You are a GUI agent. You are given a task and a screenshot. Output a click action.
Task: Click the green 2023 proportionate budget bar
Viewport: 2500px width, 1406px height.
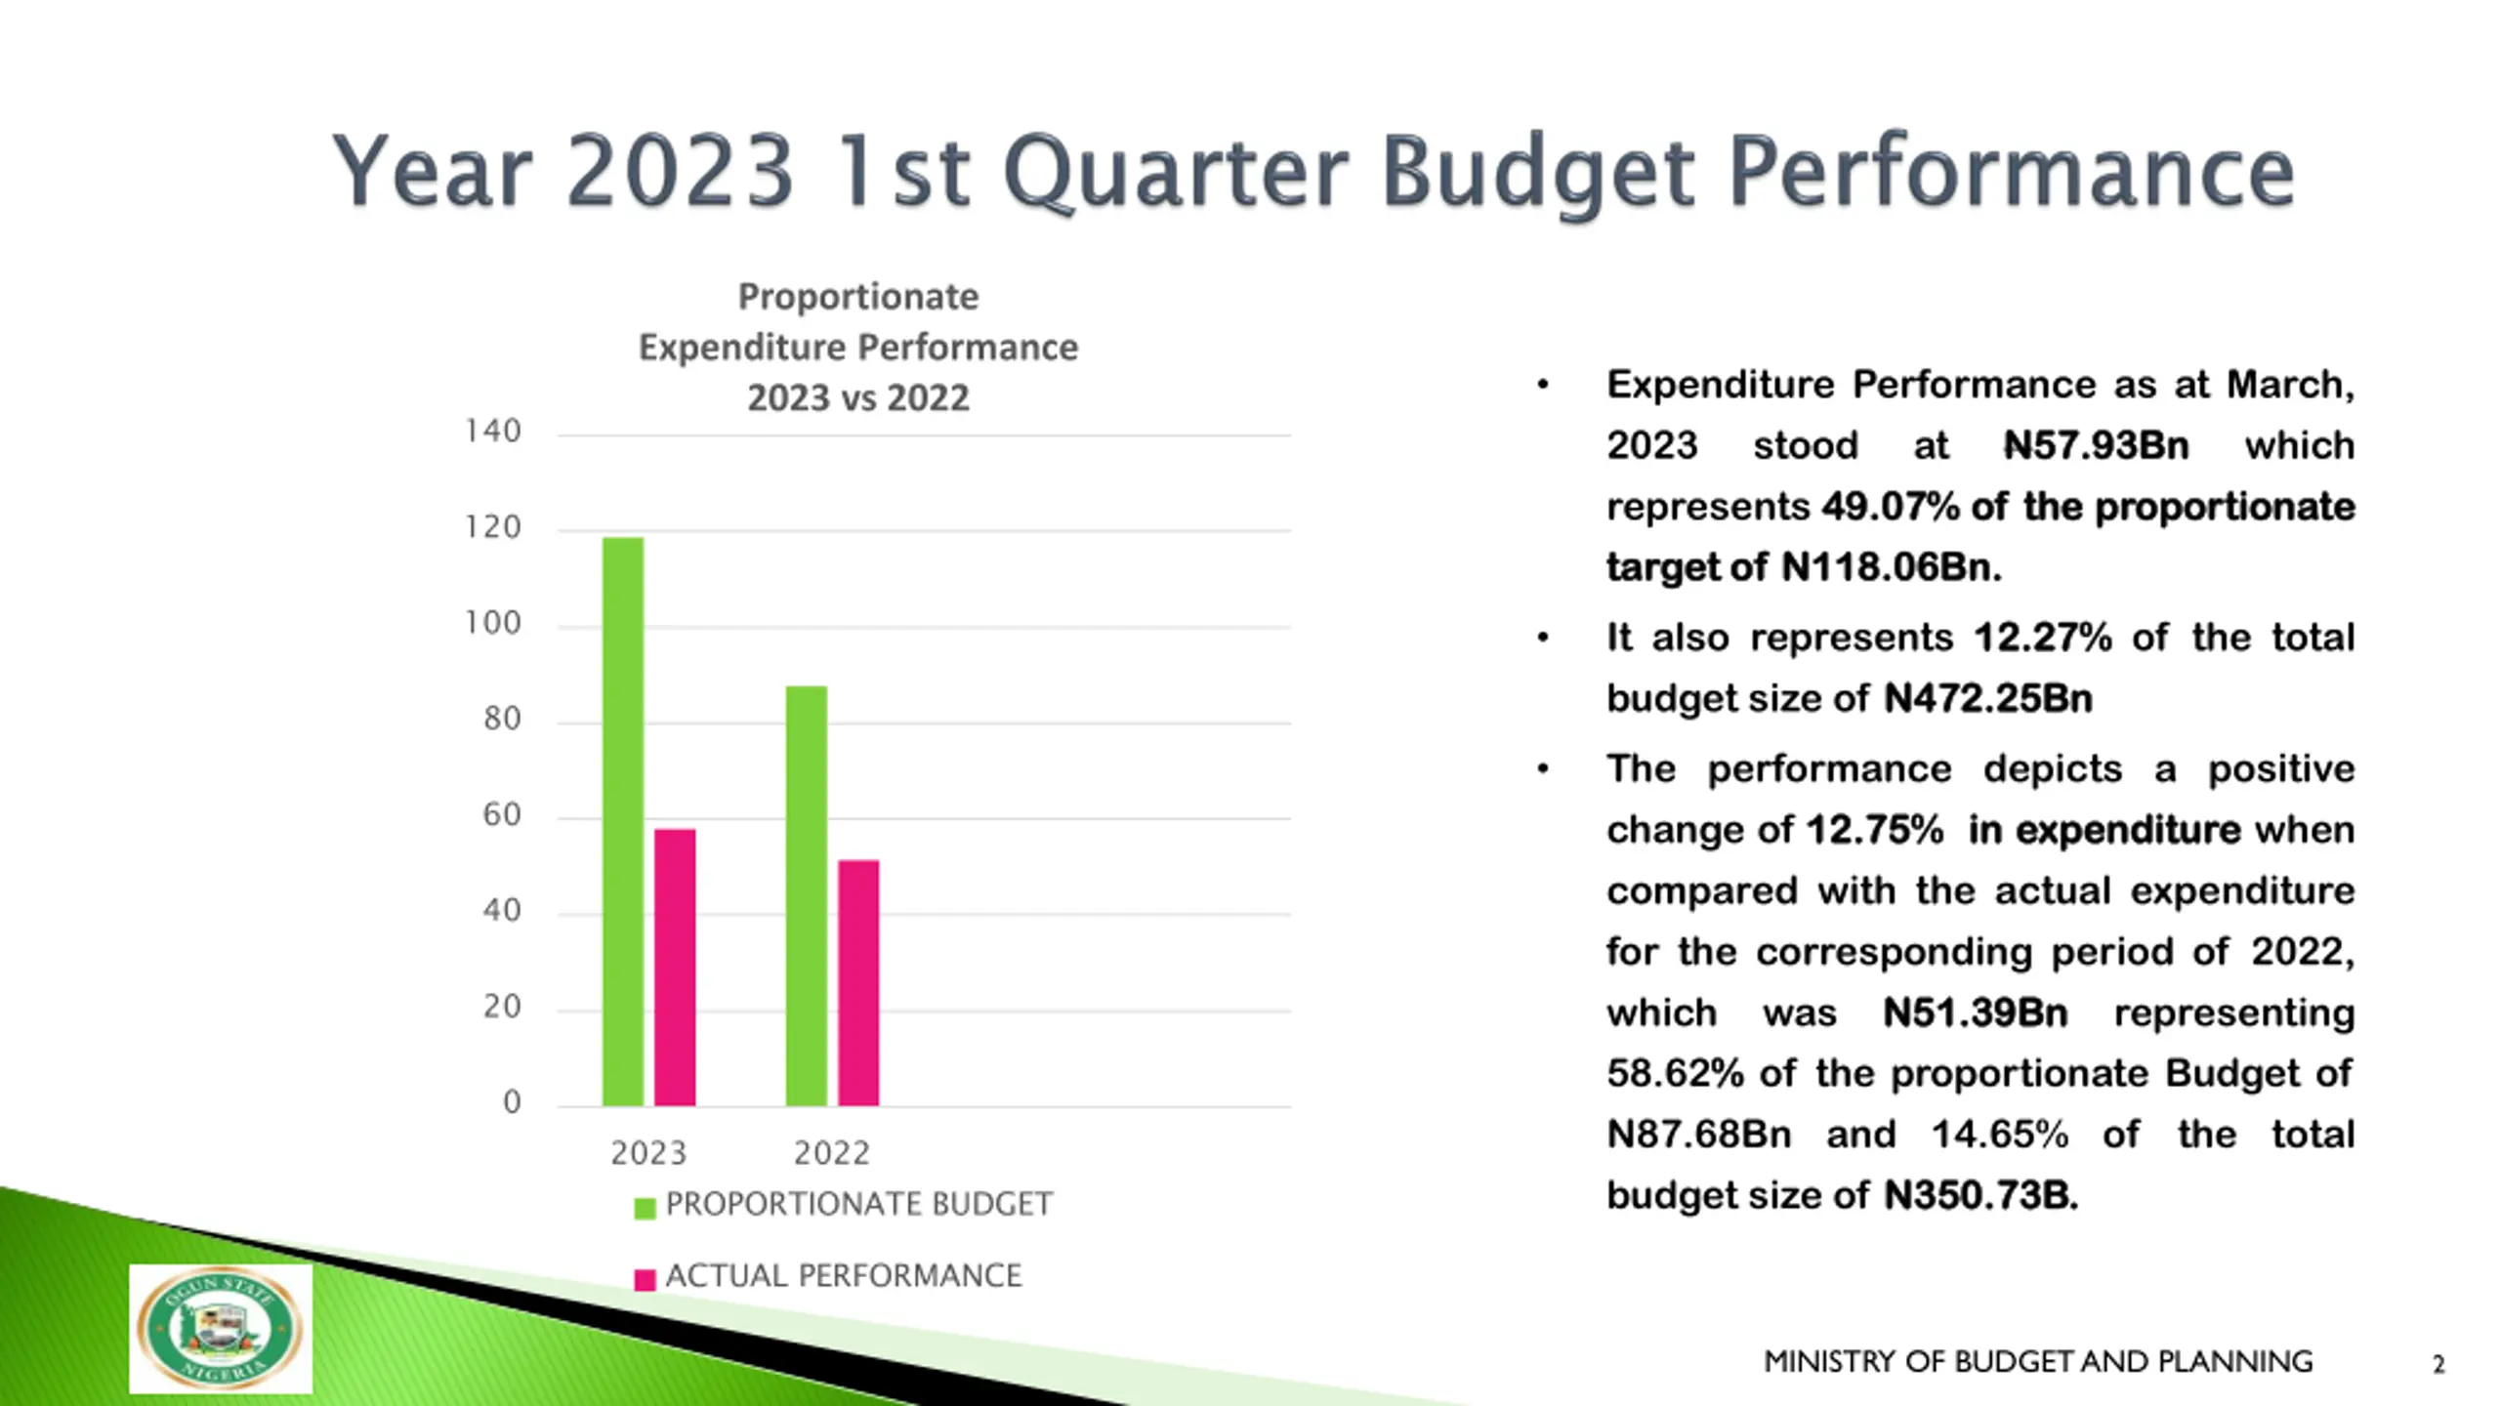pyautogui.click(x=622, y=820)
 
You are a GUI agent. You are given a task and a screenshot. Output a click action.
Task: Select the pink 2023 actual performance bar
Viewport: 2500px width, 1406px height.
pyautogui.click(x=675, y=967)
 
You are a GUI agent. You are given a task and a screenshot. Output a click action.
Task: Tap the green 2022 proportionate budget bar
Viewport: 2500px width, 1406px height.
pyautogui.click(x=806, y=895)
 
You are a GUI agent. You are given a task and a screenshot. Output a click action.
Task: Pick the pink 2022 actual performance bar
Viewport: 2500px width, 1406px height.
pyautogui.click(x=858, y=982)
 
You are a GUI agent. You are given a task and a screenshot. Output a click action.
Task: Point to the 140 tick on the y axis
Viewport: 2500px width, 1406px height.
pyautogui.click(x=493, y=432)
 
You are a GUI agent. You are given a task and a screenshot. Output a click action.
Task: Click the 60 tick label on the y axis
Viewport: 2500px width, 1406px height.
pyautogui.click(x=502, y=815)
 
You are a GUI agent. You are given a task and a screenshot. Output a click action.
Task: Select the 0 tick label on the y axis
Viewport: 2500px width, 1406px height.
pyautogui.click(x=512, y=1103)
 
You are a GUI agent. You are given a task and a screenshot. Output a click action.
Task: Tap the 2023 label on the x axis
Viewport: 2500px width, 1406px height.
pyautogui.click(x=648, y=1153)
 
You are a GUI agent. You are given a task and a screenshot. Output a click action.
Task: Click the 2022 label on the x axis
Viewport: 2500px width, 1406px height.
pyautogui.click(x=831, y=1153)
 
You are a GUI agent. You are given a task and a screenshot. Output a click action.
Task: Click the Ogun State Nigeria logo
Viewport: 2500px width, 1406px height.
pyautogui.click(x=221, y=1329)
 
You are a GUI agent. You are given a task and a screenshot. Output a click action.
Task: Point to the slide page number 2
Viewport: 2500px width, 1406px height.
pyautogui.click(x=2437, y=1364)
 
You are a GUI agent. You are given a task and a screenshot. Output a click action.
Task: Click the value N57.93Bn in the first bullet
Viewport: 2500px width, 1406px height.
pyautogui.click(x=2096, y=446)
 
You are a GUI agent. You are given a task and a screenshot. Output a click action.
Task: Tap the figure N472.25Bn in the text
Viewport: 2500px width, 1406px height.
pyautogui.click(x=1987, y=699)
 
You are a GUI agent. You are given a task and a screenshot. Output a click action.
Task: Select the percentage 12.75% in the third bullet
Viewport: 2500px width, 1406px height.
pyautogui.click(x=1874, y=830)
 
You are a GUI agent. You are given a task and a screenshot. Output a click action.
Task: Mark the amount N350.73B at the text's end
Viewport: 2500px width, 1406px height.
pyautogui.click(x=1980, y=1195)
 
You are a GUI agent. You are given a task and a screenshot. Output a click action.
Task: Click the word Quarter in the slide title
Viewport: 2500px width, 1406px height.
pyautogui.click(x=1175, y=172)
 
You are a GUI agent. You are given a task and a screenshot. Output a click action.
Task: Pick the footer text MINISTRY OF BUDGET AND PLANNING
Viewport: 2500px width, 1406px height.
pyautogui.click(x=2037, y=1361)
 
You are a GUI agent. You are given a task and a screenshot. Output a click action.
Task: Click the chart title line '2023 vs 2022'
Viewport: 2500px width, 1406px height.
pyautogui.click(x=857, y=398)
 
